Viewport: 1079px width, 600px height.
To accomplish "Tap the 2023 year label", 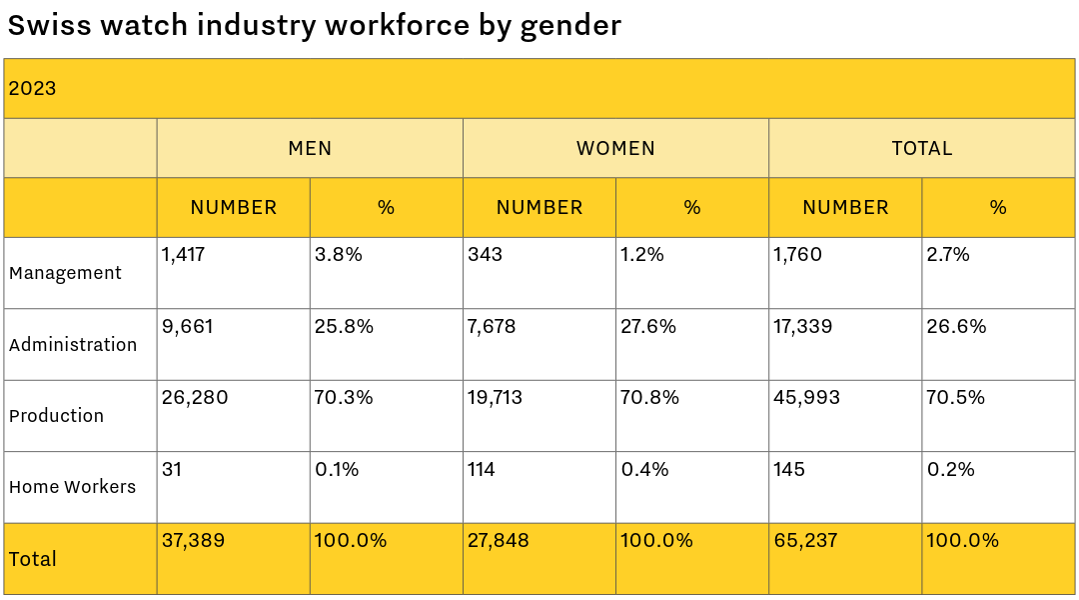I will (32, 88).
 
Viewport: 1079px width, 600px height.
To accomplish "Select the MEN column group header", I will (310, 148).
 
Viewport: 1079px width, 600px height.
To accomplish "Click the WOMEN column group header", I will (615, 148).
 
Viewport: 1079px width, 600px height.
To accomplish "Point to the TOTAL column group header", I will (922, 148).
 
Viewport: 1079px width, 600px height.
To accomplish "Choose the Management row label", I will (65, 273).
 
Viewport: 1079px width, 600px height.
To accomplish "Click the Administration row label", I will (73, 345).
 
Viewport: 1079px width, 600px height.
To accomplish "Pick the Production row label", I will (56, 416).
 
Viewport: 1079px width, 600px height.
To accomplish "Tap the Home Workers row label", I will (72, 487).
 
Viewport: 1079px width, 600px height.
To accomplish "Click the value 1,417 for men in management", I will (184, 255).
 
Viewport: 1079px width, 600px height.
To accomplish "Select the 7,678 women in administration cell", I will (492, 327).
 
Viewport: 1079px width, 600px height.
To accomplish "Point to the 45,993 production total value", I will (806, 398).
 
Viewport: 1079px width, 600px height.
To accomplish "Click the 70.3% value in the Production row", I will (344, 398).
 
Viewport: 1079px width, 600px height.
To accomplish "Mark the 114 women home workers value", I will (482, 469).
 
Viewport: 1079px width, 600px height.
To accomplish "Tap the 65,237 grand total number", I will (805, 541).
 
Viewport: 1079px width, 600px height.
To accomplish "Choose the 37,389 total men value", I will (193, 541).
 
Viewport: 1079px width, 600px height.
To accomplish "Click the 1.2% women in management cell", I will (642, 255).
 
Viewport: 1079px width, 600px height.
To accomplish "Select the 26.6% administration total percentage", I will (956, 327).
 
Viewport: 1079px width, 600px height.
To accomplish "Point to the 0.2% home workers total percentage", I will (951, 469).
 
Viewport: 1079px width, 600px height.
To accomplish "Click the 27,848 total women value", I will (499, 541).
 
